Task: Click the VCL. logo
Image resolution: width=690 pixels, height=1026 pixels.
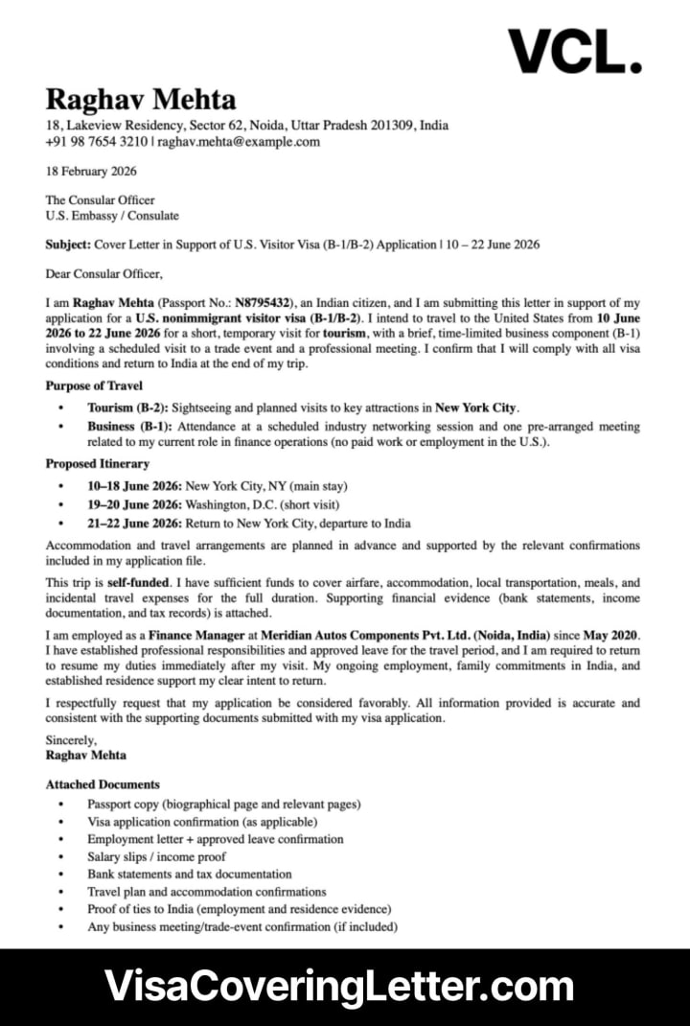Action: click(x=574, y=51)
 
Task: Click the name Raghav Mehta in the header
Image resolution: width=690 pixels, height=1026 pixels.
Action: click(x=141, y=100)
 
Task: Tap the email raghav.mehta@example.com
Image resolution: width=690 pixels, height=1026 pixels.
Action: click(x=239, y=142)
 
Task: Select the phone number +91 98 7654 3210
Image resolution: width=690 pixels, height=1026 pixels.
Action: click(x=97, y=142)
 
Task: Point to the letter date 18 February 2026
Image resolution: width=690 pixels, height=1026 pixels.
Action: click(x=91, y=172)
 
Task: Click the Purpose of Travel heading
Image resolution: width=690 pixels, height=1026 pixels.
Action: click(x=94, y=385)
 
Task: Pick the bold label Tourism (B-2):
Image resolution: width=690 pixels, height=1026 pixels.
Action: click(x=127, y=408)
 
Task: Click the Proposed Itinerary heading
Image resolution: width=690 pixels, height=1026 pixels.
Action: click(x=98, y=464)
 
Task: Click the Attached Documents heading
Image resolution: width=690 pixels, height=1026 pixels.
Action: click(x=103, y=784)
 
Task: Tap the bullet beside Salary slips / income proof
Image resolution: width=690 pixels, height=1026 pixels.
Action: click(x=62, y=857)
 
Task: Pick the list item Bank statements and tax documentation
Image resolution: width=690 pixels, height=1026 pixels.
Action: click(x=190, y=874)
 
